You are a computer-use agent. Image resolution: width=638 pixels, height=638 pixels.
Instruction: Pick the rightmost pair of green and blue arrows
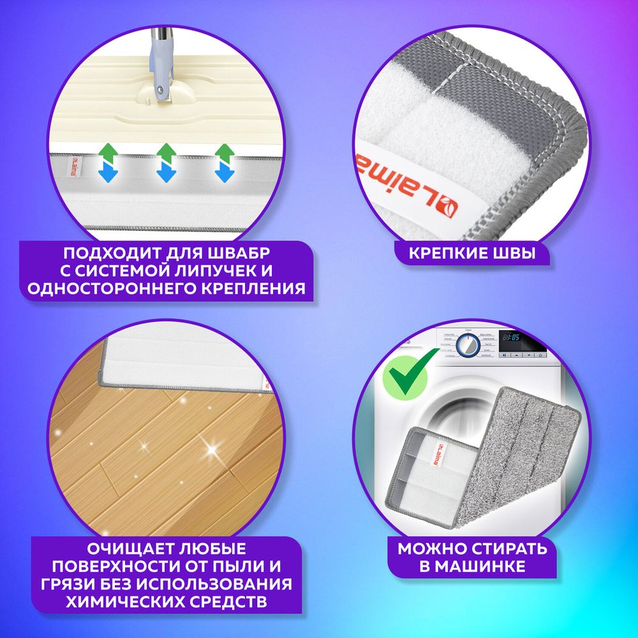pyautogui.click(x=223, y=163)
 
